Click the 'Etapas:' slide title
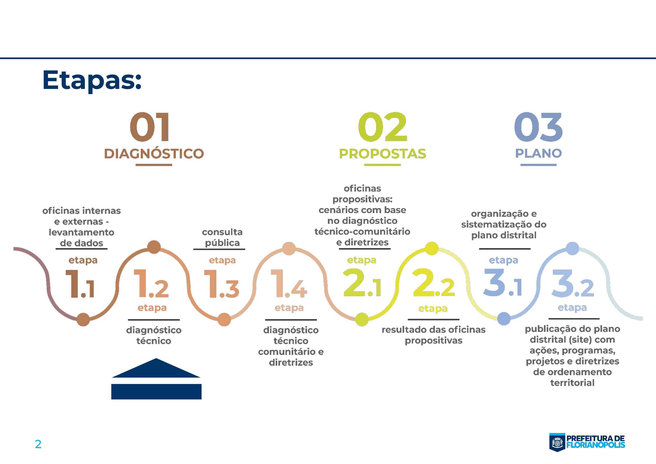coord(92,80)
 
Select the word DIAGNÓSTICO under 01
coord(154,154)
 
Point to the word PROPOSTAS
coord(382,154)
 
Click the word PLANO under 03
coord(538,153)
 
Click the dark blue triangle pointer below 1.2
coord(156,369)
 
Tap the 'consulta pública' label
coord(222,237)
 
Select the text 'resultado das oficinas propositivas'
coord(434,335)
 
